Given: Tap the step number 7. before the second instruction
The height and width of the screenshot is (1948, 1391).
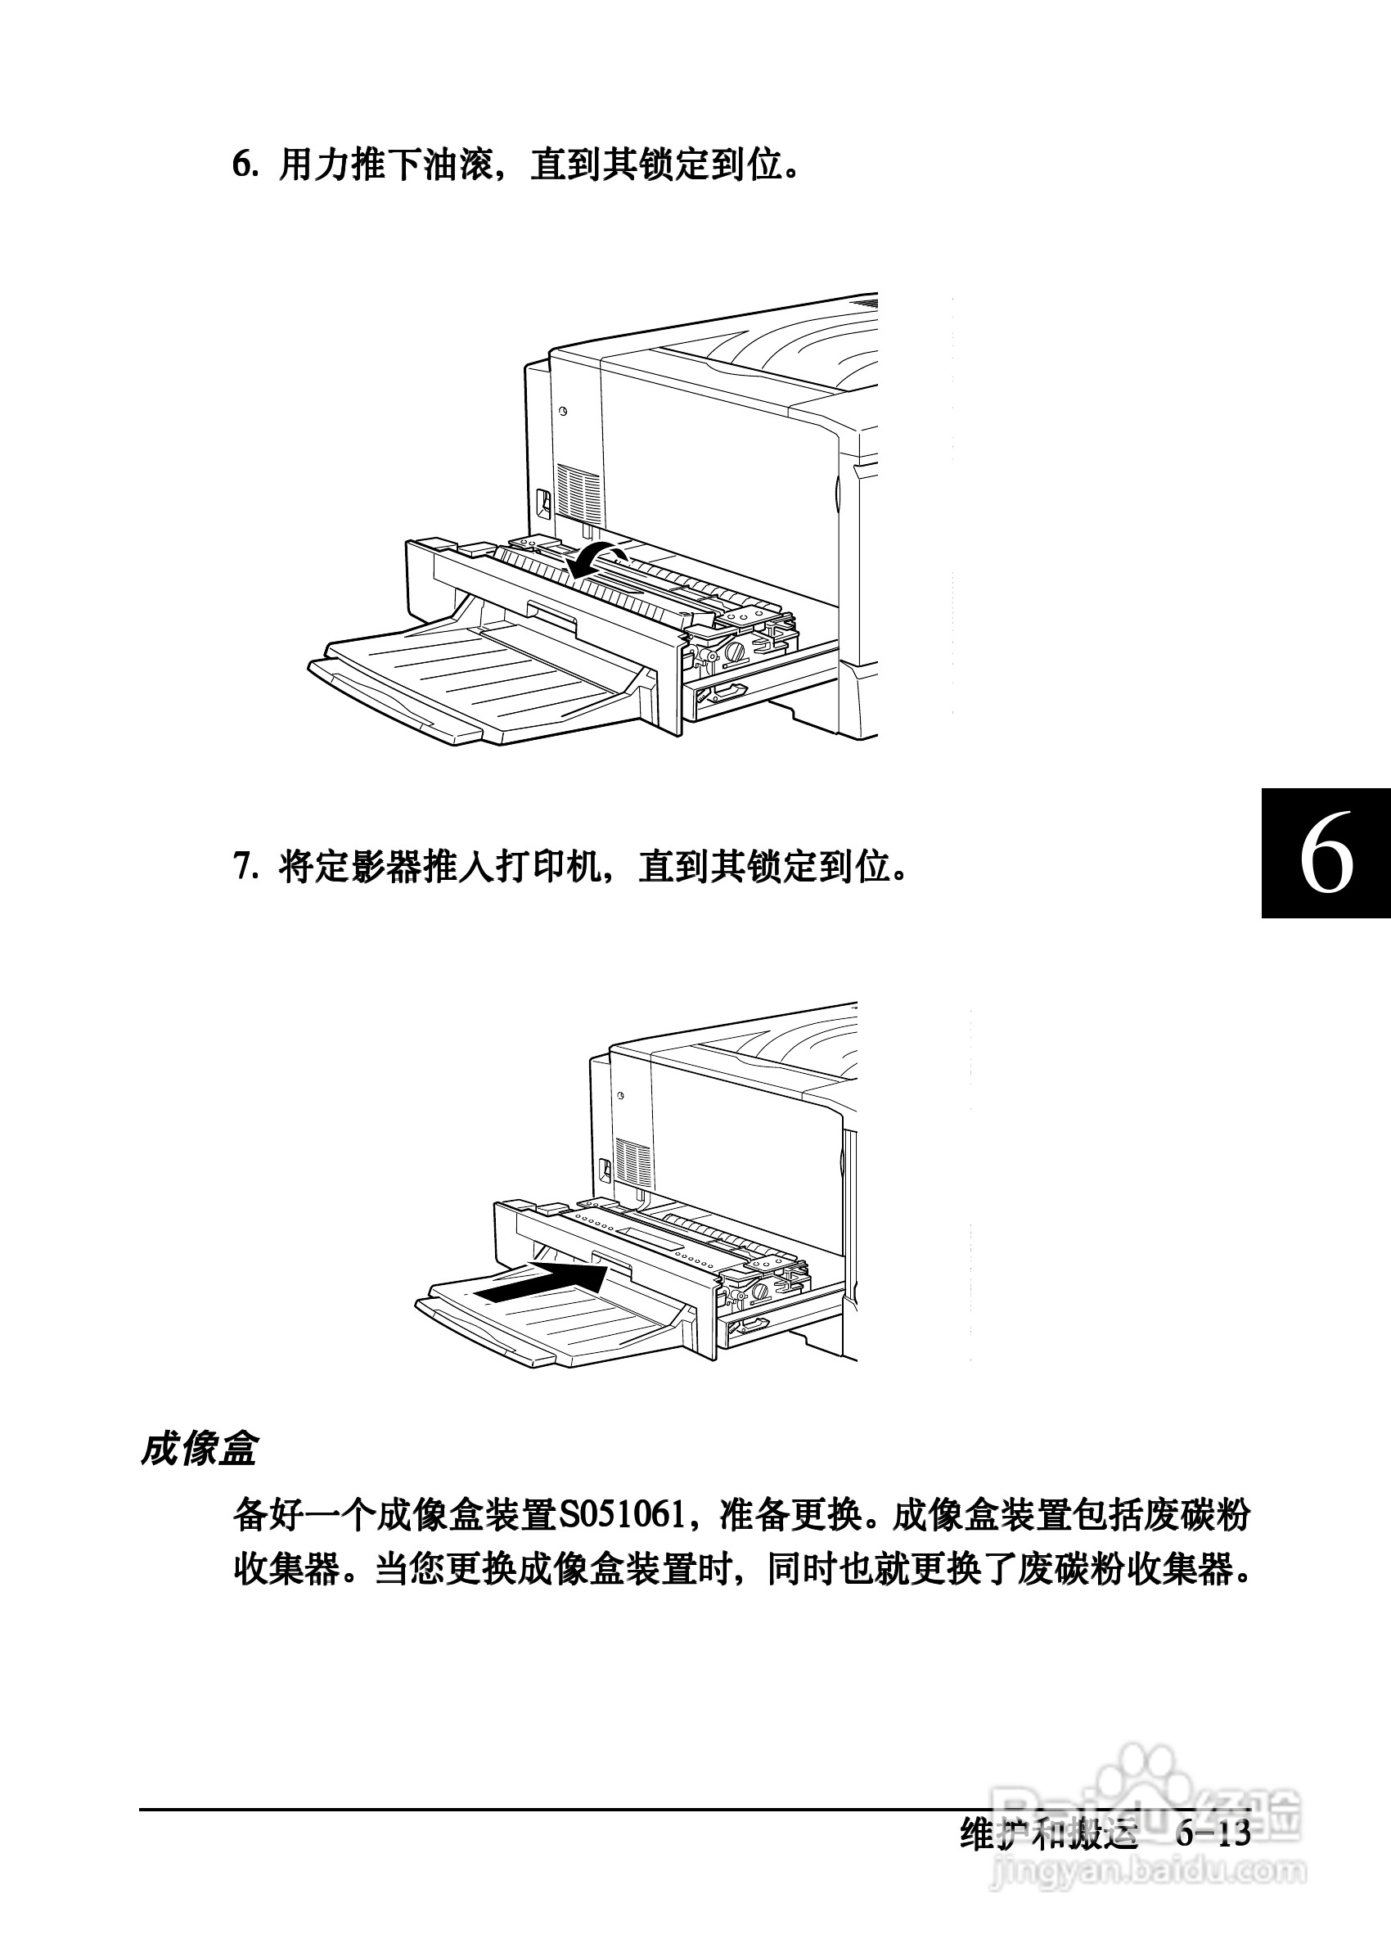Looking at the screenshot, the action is (245, 868).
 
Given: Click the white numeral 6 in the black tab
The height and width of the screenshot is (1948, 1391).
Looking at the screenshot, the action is (1326, 855).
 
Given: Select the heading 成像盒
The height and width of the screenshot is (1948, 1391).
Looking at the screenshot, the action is (199, 1450).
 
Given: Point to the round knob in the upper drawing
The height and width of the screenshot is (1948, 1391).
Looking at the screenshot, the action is (735, 654).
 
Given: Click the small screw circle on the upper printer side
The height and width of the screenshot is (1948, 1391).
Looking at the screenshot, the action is (563, 411).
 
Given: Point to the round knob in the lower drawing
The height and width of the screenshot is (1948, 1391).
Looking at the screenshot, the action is (757, 1292).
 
